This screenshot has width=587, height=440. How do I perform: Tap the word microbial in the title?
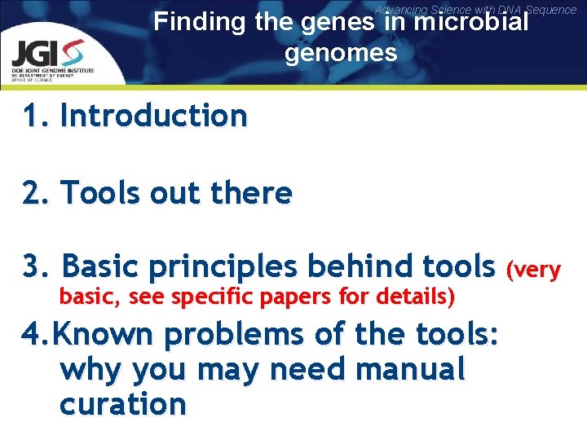tap(470, 21)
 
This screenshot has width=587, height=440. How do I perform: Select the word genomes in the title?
tap(341, 53)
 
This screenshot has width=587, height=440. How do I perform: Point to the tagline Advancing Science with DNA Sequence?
tap(475, 9)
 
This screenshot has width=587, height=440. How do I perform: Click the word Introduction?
tap(153, 116)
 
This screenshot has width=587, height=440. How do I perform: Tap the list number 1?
tap(32, 116)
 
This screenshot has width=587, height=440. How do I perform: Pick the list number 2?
tap(33, 193)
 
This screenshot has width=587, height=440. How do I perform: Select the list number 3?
tap(33, 266)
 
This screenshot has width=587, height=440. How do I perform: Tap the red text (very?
tap(534, 269)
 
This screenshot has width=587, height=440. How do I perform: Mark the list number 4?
tap(33, 334)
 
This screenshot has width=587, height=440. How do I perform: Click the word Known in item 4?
tap(101, 334)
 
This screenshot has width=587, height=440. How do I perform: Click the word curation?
tap(122, 403)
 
